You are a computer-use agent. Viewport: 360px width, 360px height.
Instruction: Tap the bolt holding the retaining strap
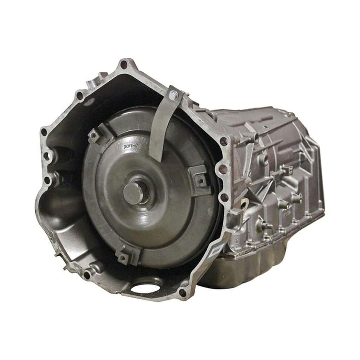(173, 95)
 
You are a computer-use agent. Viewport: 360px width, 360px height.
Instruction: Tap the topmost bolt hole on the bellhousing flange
(124, 65)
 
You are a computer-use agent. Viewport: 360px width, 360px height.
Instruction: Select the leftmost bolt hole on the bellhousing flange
(44, 132)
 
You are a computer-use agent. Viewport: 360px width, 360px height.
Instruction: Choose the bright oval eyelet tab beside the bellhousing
(243, 206)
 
